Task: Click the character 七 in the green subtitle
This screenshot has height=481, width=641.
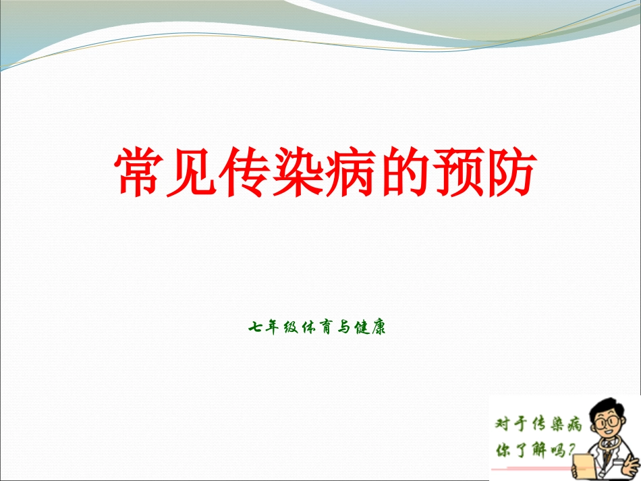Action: (255, 329)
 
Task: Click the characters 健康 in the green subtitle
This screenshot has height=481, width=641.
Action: (370, 329)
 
